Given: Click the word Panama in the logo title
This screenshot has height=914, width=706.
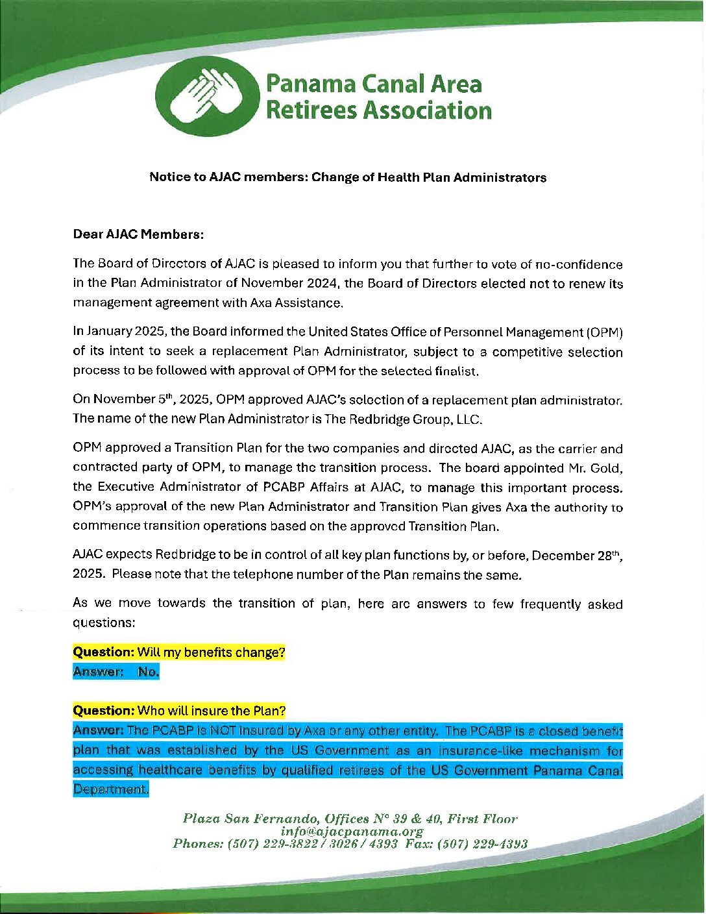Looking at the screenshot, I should tap(311, 84).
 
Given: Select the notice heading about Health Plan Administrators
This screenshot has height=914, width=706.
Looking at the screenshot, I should tap(347, 177).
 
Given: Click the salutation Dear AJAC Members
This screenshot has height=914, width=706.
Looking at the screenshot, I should tap(138, 234).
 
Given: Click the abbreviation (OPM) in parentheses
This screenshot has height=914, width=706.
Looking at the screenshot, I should tap(604, 332).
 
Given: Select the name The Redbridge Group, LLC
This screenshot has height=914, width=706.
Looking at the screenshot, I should tap(402, 419).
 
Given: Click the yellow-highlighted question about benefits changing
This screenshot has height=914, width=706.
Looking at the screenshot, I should tap(178, 652).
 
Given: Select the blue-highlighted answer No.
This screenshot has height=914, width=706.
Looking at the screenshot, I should tap(148, 672).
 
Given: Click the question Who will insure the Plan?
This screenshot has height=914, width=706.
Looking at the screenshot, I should tap(178, 711).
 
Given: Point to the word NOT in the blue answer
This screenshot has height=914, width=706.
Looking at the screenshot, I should tap(223, 731).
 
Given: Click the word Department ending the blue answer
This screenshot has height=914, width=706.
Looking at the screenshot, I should tap(110, 789).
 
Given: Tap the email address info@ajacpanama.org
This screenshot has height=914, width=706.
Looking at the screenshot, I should tap(352, 832).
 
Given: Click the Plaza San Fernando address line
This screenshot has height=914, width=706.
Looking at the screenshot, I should tap(350, 819).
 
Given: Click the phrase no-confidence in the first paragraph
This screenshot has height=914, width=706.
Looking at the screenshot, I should tap(578, 265).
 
